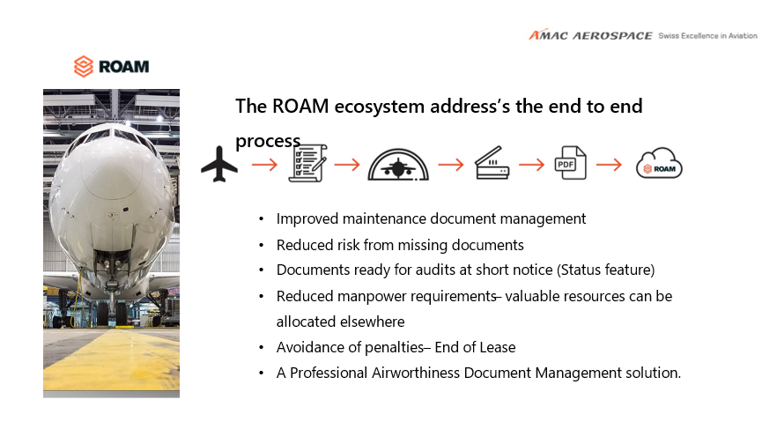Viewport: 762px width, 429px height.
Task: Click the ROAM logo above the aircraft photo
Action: coord(111,66)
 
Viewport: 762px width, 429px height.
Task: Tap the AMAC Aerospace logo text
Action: coord(590,35)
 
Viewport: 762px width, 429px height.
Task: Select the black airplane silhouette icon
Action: coord(219,164)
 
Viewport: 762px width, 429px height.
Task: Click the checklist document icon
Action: coord(307,163)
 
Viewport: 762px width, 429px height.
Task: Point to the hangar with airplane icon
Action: coord(398,164)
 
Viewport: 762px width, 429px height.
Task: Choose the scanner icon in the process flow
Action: coord(492,163)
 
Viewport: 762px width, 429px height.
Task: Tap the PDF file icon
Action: coord(570,163)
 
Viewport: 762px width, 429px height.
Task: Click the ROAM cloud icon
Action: coord(659,163)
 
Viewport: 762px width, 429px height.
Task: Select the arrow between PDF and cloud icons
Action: coord(609,165)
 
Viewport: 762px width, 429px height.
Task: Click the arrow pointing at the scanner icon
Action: coord(451,165)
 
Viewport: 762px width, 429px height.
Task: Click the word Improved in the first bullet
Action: coord(307,219)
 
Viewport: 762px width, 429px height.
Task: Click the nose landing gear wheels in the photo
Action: coord(112,314)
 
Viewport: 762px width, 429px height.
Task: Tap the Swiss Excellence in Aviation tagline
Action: coord(707,35)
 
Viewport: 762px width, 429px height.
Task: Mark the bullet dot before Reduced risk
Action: coord(262,246)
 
